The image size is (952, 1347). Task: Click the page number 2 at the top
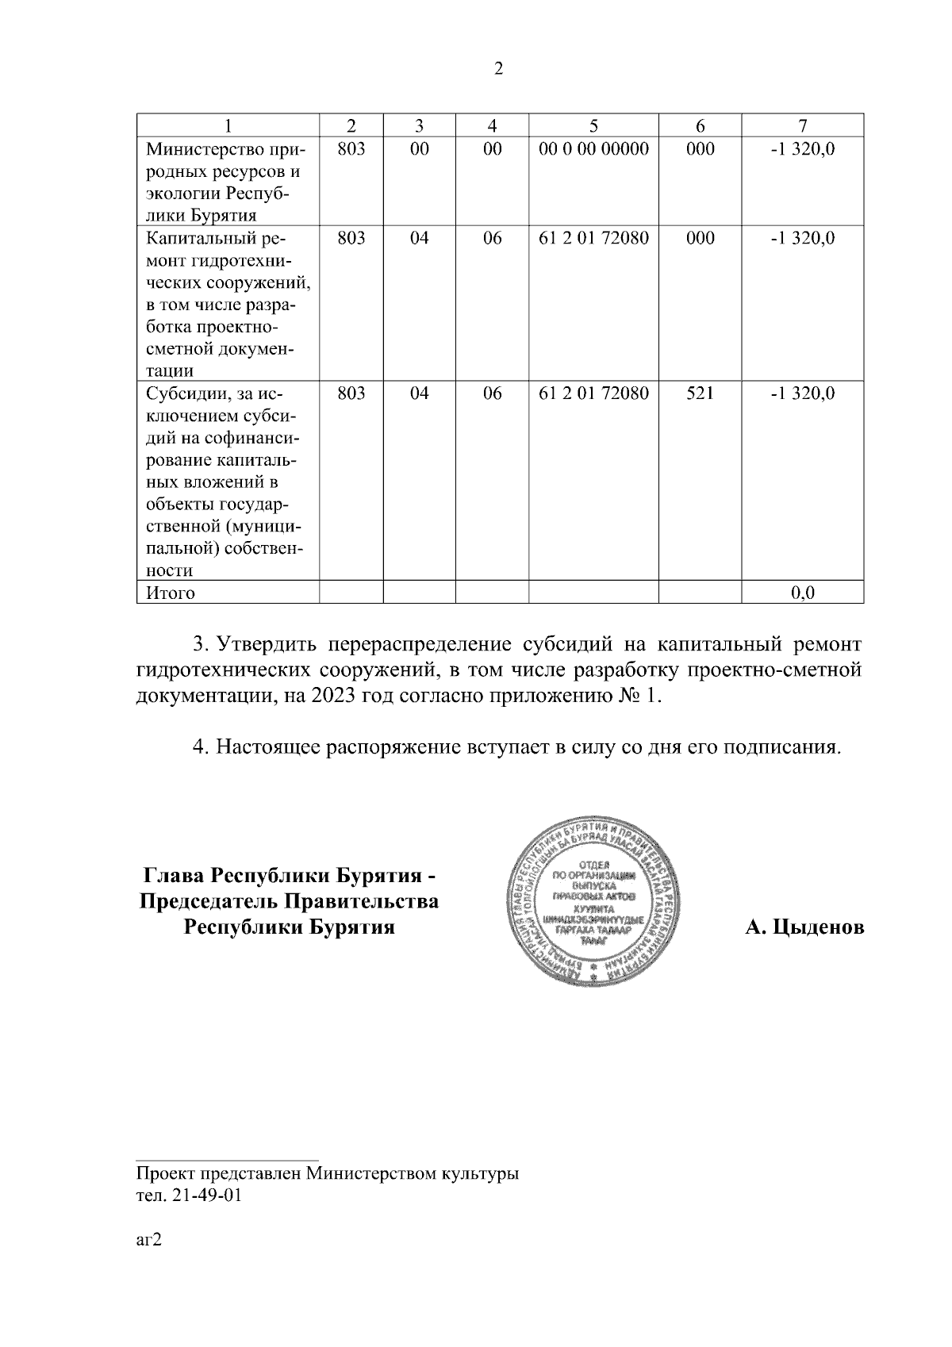click(x=498, y=69)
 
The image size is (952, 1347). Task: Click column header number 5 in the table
click(x=593, y=125)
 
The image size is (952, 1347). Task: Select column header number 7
click(x=802, y=125)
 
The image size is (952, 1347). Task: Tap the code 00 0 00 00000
click(x=593, y=148)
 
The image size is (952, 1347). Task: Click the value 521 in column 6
click(x=700, y=393)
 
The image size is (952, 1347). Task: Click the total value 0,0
click(x=803, y=593)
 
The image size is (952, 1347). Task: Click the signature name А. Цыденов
click(x=804, y=927)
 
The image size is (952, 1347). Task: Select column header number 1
click(x=228, y=125)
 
